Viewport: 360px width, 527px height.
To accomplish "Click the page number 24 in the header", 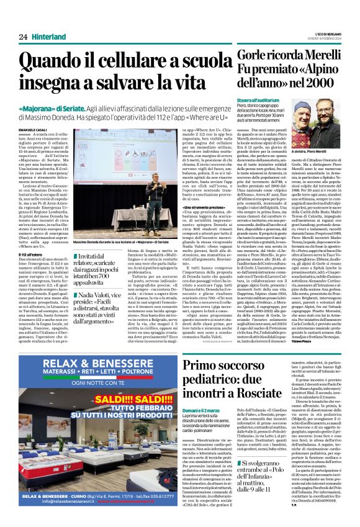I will pyautogui.click(x=23, y=37).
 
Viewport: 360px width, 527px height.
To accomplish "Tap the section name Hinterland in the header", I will pyautogui.click(x=50, y=37).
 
